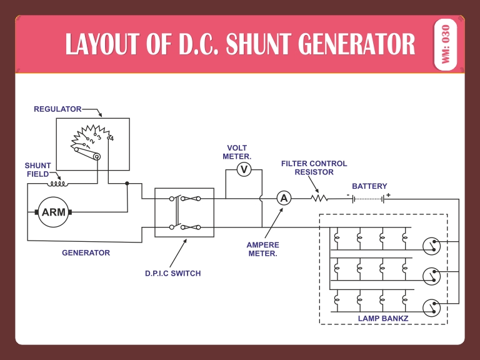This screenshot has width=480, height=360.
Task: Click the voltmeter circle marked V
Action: (244, 169)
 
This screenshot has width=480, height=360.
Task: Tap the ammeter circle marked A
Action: (284, 198)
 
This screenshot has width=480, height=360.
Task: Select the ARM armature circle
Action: (54, 212)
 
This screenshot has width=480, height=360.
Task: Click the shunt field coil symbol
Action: (59, 183)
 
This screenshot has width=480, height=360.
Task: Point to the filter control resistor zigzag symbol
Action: (319, 198)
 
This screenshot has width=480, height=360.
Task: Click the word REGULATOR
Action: (57, 109)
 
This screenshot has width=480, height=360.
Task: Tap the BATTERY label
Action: (369, 186)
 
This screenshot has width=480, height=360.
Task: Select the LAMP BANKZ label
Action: (382, 318)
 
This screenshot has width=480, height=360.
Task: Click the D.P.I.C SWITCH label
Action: (173, 273)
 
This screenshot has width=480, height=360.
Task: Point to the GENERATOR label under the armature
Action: (86, 253)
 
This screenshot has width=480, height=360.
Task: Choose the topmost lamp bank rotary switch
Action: (432, 245)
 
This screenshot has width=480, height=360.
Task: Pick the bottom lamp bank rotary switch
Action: (432, 307)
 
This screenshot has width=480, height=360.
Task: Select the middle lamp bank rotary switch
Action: (432, 275)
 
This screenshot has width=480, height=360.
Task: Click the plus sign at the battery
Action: (387, 195)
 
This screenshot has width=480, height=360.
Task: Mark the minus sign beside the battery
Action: (347, 195)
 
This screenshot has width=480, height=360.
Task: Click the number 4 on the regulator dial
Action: (111, 138)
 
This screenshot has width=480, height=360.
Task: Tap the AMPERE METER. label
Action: (263, 249)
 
